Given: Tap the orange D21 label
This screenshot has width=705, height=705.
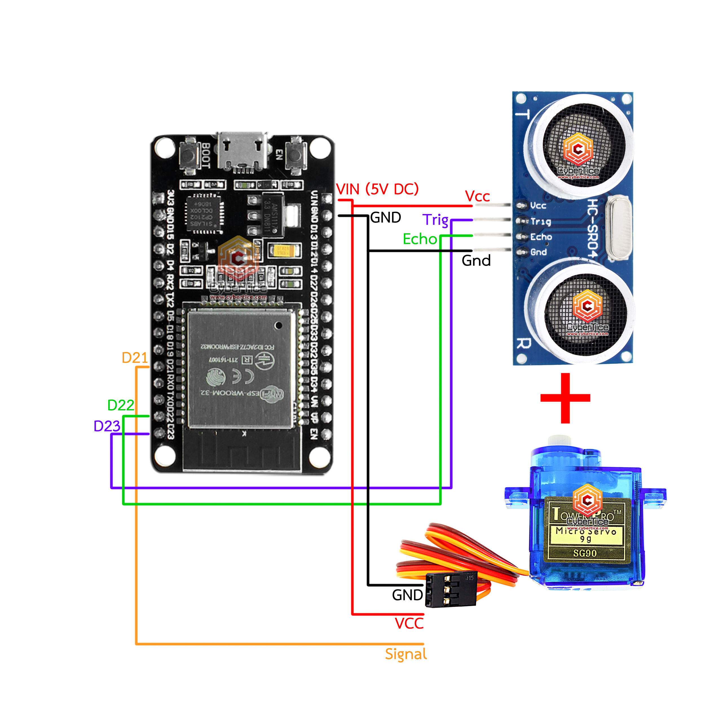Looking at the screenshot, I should tap(134, 358).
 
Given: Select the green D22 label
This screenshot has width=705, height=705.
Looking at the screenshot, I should tap(120, 405).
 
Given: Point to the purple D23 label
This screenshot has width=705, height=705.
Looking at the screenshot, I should tap(107, 426).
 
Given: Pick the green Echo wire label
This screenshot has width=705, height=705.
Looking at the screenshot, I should tap(420, 239).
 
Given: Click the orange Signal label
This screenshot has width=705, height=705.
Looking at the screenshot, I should tap(406, 654).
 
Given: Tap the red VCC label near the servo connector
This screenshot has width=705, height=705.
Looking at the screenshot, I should tap(409, 623).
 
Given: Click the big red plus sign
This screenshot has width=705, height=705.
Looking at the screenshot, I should tap(565, 398).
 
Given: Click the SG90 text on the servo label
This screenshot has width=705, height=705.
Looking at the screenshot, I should tap(585, 553).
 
